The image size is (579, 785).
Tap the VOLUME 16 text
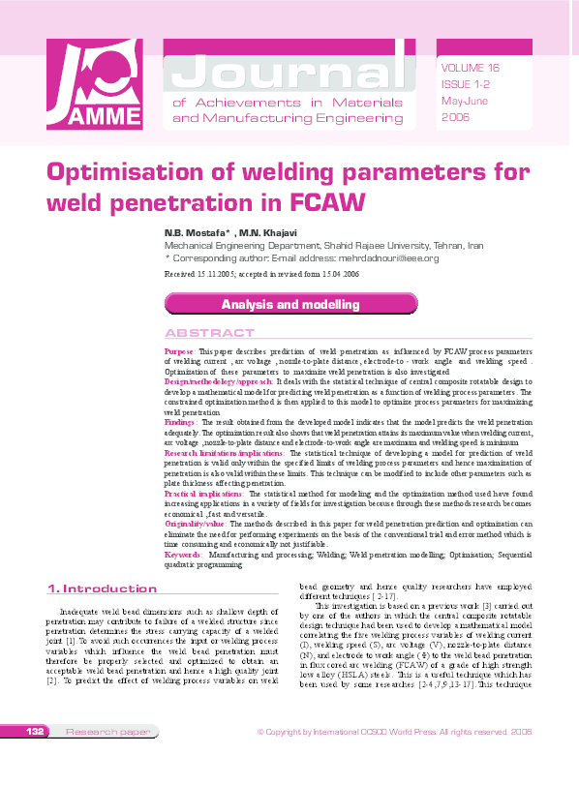pyautogui.click(x=470, y=68)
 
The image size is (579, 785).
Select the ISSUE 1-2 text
pyautogui.click(x=465, y=84)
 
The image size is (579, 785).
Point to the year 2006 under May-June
pyautogui.click(x=455, y=117)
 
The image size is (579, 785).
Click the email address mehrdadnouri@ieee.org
pyautogui.click(x=380, y=258)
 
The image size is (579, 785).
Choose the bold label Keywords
pyautogui.click(x=183, y=555)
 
